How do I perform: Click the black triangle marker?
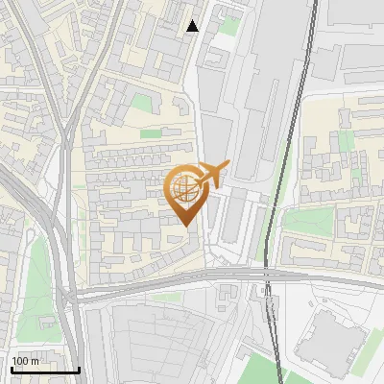[x=192, y=26]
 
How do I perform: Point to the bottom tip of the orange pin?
[x=184, y=225]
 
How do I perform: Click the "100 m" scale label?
[x=25, y=361]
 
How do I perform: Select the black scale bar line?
[x=45, y=370]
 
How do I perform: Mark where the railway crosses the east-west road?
[x=268, y=280]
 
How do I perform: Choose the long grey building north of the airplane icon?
[x=252, y=106]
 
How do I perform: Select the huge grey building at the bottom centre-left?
[x=154, y=341]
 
